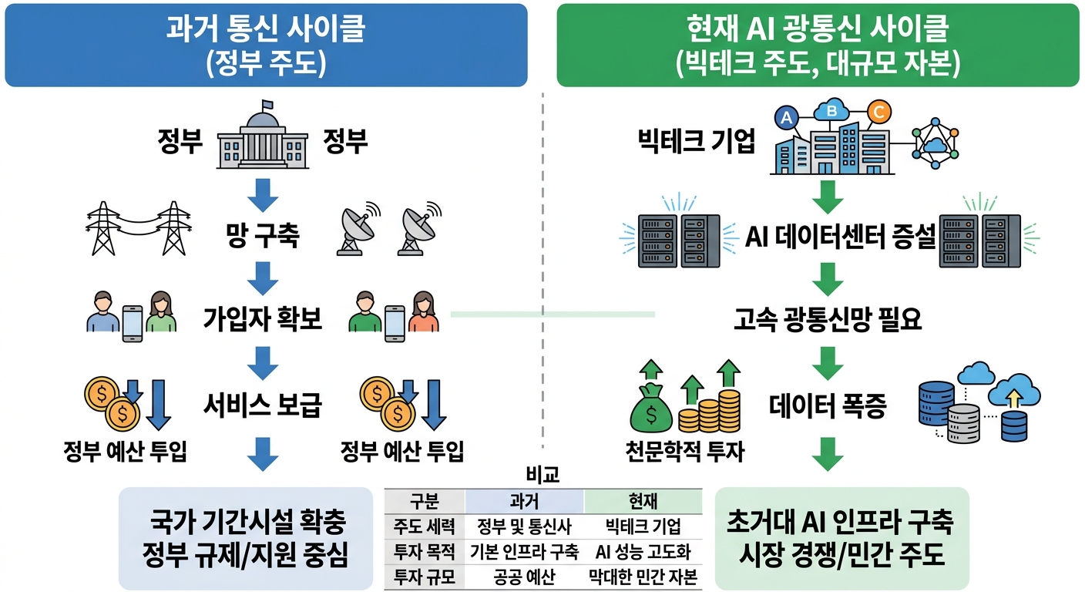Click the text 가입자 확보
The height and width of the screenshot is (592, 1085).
(263, 318)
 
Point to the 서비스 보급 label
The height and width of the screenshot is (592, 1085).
(263, 404)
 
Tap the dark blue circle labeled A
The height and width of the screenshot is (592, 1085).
(786, 117)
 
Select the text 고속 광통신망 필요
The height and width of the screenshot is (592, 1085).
(828, 319)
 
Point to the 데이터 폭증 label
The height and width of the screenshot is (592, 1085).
(828, 405)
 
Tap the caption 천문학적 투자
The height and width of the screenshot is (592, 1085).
(684, 452)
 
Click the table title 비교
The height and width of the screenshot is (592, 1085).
(543, 476)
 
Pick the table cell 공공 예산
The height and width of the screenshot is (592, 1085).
(524, 577)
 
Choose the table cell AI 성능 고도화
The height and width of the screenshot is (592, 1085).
(643, 552)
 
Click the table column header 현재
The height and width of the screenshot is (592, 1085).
(643, 502)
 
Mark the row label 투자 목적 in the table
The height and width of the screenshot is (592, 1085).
(425, 552)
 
